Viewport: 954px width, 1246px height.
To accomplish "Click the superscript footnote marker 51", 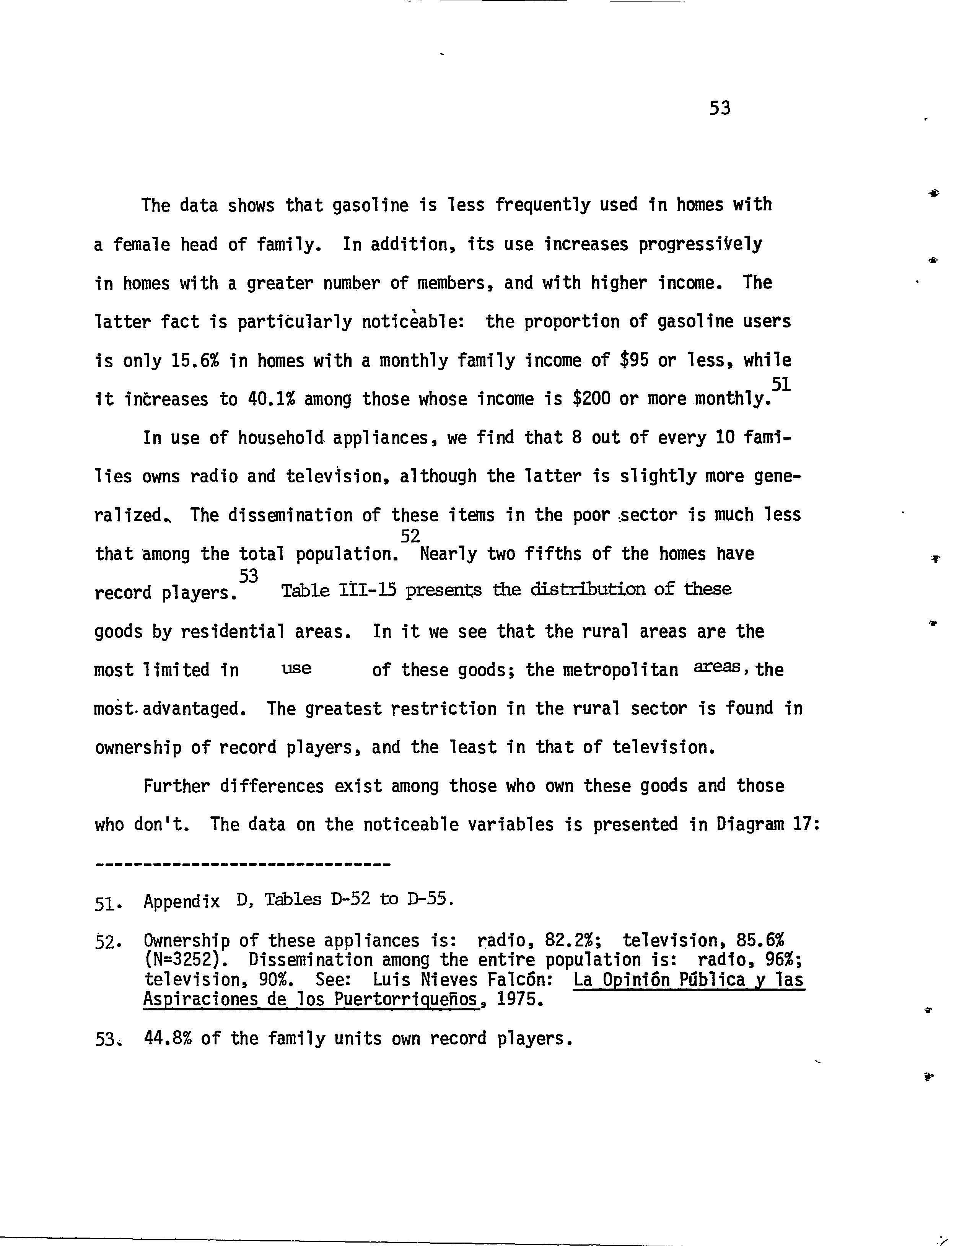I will (781, 384).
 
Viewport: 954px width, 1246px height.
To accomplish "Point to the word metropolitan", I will (620, 671).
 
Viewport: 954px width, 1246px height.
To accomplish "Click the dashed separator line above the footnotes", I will (243, 865).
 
